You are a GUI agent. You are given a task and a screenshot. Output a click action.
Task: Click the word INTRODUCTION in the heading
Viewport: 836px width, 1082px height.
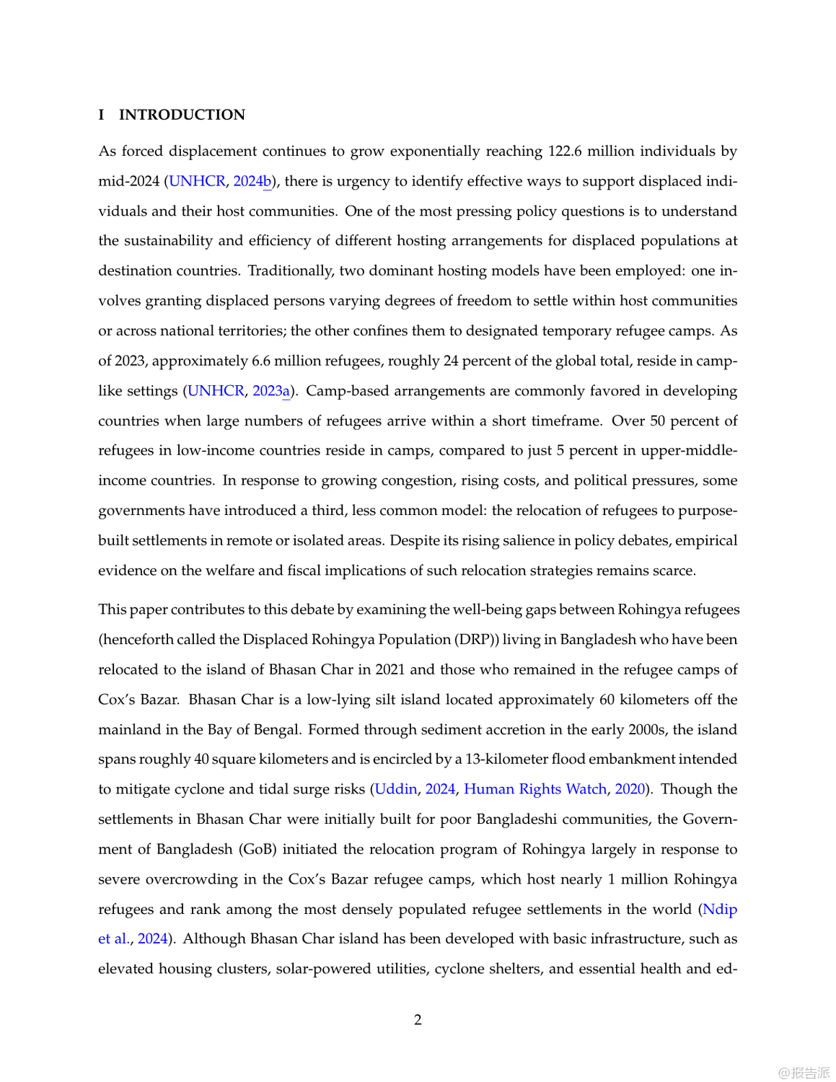tap(182, 115)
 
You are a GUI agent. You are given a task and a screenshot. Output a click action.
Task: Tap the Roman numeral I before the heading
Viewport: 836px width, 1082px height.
tap(102, 115)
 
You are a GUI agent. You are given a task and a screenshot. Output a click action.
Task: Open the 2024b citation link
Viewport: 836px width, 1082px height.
tap(252, 181)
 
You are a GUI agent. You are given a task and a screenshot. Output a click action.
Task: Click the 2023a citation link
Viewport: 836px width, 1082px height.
tap(271, 391)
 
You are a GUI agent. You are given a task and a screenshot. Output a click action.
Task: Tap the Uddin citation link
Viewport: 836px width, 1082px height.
tap(395, 789)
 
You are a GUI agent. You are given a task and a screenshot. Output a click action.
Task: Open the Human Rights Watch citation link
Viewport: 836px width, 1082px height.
tap(534, 789)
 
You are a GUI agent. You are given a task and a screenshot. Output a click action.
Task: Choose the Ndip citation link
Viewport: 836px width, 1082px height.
tap(720, 909)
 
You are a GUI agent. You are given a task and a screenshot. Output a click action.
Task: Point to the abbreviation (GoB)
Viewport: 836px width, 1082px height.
tap(258, 849)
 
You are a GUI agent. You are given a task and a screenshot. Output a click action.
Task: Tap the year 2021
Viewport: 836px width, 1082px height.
tap(390, 669)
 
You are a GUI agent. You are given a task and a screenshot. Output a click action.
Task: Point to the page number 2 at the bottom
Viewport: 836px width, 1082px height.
tap(418, 1020)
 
